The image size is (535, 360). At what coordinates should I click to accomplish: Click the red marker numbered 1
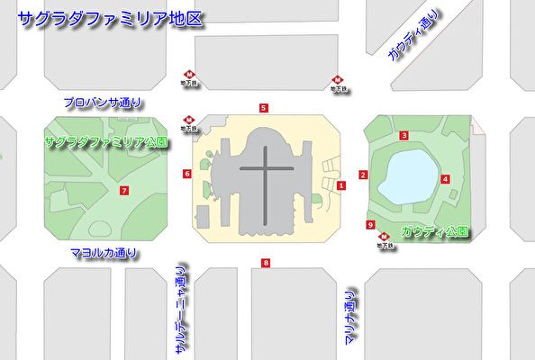pos(341,185)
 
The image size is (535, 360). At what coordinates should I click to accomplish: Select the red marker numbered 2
pos(363,175)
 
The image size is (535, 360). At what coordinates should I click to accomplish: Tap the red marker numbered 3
pos(405,136)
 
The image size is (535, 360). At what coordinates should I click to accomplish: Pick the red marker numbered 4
pos(446,179)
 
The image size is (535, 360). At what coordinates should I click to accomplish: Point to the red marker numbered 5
pos(263,108)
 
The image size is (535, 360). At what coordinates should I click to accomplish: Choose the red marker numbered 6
pos(187,173)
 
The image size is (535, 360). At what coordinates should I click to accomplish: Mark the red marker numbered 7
pos(123,190)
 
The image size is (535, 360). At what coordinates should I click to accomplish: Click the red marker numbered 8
pos(265,263)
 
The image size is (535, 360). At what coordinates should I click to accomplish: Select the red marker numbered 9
pos(370,225)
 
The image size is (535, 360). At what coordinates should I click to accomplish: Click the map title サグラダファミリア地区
pos(109,17)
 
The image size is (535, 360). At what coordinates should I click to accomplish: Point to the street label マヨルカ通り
pos(103,254)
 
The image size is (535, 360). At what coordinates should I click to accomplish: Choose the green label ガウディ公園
pos(434,231)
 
